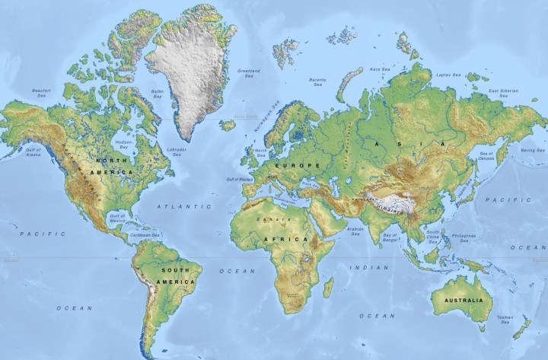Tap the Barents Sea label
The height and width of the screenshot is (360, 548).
[317, 81]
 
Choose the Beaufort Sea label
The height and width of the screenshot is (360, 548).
[41, 94]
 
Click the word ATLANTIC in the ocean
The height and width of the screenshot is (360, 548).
[183, 206]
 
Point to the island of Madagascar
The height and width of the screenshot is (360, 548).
[328, 287]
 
